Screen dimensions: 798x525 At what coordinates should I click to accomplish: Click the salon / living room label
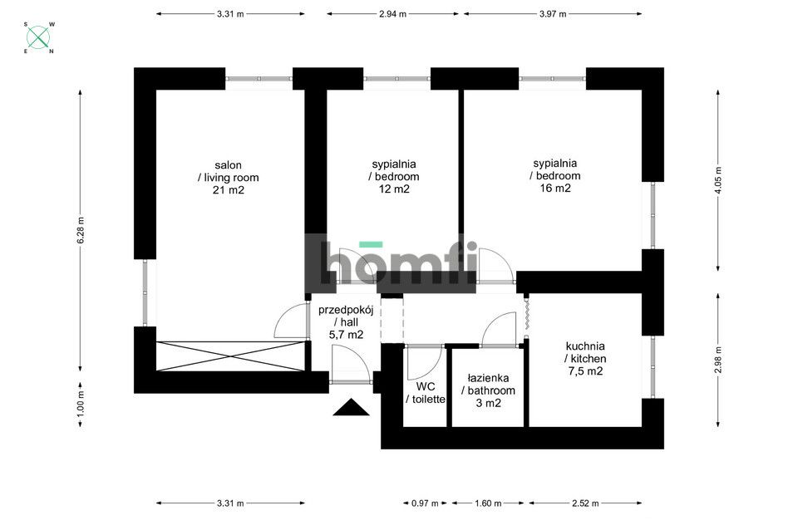pyautogui.click(x=228, y=178)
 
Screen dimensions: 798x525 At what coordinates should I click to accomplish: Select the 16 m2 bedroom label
pyautogui.click(x=555, y=175)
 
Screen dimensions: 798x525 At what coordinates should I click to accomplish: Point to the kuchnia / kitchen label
pyautogui.click(x=585, y=359)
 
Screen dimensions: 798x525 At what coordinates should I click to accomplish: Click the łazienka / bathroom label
pyautogui.click(x=488, y=390)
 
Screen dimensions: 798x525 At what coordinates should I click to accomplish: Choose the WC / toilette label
pyautogui.click(x=426, y=393)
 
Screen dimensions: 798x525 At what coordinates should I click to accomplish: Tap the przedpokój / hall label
pyautogui.click(x=346, y=322)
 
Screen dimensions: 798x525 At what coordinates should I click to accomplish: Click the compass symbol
pyautogui.click(x=39, y=37)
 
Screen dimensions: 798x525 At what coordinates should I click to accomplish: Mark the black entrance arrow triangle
pyautogui.click(x=351, y=408)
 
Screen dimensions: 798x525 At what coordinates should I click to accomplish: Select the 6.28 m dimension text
pyautogui.click(x=81, y=230)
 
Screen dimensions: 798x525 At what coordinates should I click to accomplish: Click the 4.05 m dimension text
pyautogui.click(x=718, y=180)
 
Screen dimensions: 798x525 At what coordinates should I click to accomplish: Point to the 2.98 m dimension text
pyautogui.click(x=718, y=361)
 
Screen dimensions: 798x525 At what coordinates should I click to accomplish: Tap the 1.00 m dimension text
pyautogui.click(x=81, y=401)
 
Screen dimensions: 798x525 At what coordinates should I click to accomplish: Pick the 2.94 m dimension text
pyautogui.click(x=393, y=14)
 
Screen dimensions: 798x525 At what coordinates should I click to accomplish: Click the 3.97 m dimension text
pyautogui.click(x=553, y=14)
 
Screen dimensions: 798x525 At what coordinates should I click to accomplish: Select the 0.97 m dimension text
pyautogui.click(x=425, y=503)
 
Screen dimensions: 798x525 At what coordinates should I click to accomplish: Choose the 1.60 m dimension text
pyautogui.click(x=488, y=503)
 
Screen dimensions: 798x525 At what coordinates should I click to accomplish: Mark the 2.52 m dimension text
pyautogui.click(x=585, y=503)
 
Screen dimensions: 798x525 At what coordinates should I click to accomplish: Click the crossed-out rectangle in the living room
pyautogui.click(x=230, y=356)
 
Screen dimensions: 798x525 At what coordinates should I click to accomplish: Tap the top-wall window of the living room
pyautogui.click(x=259, y=79)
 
